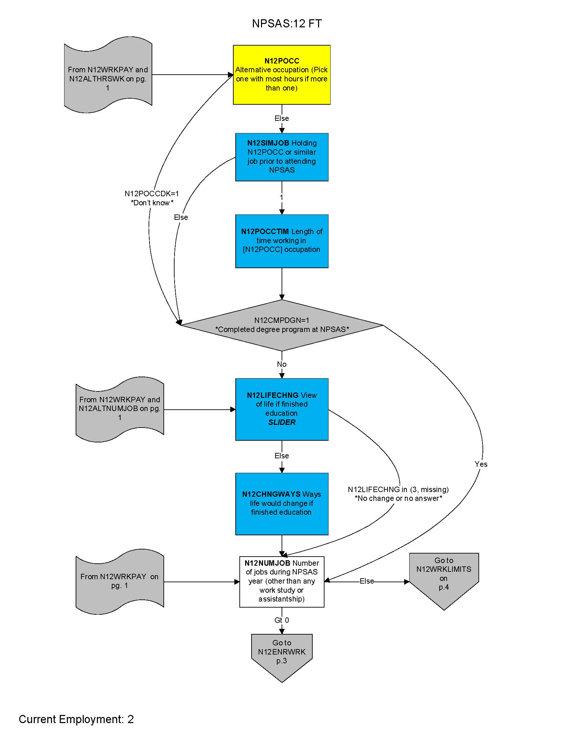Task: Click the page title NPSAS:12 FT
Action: coord(287,24)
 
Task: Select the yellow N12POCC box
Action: coord(282,75)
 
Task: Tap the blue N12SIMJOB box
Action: coord(282,157)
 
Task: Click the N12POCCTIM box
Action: coord(282,241)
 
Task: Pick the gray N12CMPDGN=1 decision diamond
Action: coord(282,325)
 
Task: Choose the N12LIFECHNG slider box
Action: coord(282,409)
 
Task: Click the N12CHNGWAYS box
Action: coord(282,504)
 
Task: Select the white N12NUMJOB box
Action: coord(282,582)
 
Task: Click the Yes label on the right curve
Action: coord(481,464)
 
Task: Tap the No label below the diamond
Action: coord(282,364)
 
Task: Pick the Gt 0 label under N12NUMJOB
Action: coord(282,620)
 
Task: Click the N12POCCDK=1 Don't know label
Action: coord(152,198)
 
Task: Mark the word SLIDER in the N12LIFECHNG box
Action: coord(282,422)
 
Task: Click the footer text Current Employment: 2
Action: coord(76,719)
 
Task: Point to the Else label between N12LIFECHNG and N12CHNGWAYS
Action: coord(282,456)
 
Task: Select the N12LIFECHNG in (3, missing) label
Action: coord(398,494)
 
